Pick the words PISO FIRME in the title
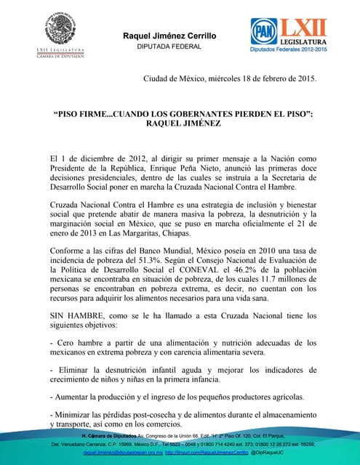86,115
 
